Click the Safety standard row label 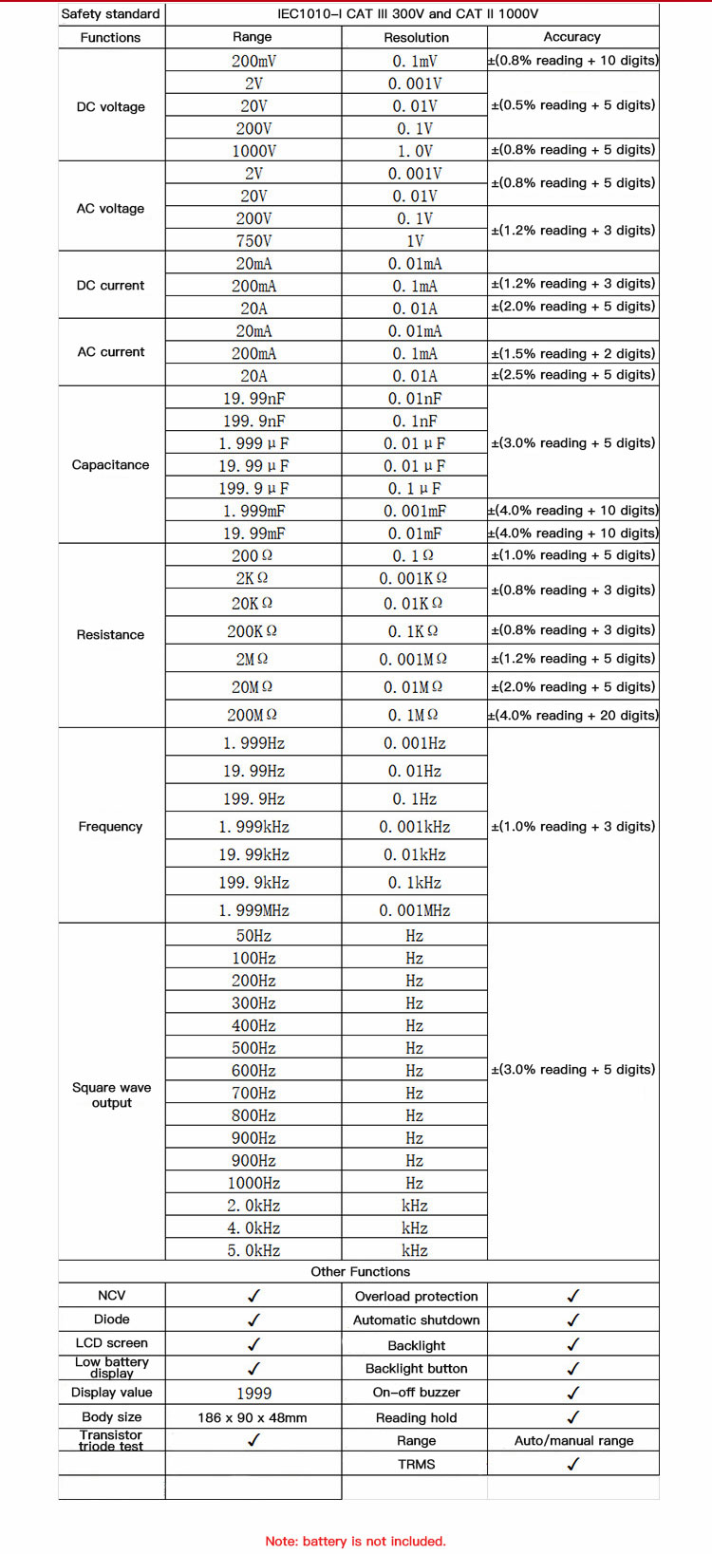[x=110, y=14]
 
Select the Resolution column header [x=416, y=38]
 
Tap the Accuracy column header [x=571, y=37]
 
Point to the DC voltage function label [x=110, y=107]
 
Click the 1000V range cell [x=253, y=151]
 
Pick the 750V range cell [x=253, y=241]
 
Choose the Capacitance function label [x=110, y=465]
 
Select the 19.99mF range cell [x=253, y=534]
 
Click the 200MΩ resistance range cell [x=253, y=715]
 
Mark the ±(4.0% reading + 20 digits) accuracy [x=572, y=716]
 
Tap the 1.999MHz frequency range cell [x=253, y=910]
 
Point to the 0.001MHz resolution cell [x=415, y=910]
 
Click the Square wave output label [x=111, y=1095]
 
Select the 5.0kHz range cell [x=253, y=1250]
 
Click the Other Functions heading [x=360, y=1272]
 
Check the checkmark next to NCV [x=253, y=1296]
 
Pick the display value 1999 [x=253, y=1394]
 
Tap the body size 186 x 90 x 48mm [x=253, y=1417]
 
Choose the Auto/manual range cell [x=573, y=1441]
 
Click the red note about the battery [x=355, y=1541]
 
